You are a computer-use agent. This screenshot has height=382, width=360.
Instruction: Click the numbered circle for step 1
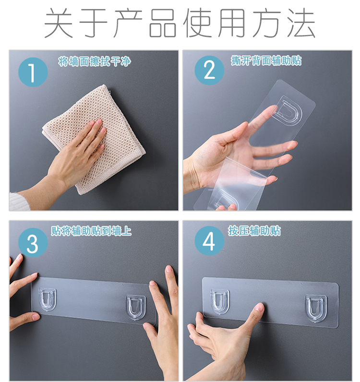click(33, 72)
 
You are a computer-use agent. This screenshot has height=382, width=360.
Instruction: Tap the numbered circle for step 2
click(209, 70)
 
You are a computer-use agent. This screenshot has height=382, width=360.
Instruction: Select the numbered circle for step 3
click(33, 243)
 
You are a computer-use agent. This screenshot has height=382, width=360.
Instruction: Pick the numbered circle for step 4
click(209, 241)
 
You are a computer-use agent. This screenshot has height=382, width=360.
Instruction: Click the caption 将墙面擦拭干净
click(95, 61)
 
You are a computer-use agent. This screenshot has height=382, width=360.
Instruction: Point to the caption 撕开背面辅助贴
click(266, 60)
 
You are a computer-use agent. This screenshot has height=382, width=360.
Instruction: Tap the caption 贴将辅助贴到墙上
click(91, 231)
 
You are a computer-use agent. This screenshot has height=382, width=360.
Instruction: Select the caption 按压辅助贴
click(254, 230)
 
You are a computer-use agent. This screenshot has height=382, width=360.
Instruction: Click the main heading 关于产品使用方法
click(180, 23)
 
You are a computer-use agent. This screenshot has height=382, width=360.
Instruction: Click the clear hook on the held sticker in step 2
click(287, 111)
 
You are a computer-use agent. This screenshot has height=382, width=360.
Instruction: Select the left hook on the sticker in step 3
click(48, 299)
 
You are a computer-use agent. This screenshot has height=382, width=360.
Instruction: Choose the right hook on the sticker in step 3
click(136, 308)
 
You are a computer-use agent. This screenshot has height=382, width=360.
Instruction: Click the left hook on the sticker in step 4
click(220, 301)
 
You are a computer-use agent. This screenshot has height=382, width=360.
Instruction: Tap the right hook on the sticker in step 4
click(316, 309)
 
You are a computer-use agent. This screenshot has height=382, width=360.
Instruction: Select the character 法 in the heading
click(301, 23)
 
